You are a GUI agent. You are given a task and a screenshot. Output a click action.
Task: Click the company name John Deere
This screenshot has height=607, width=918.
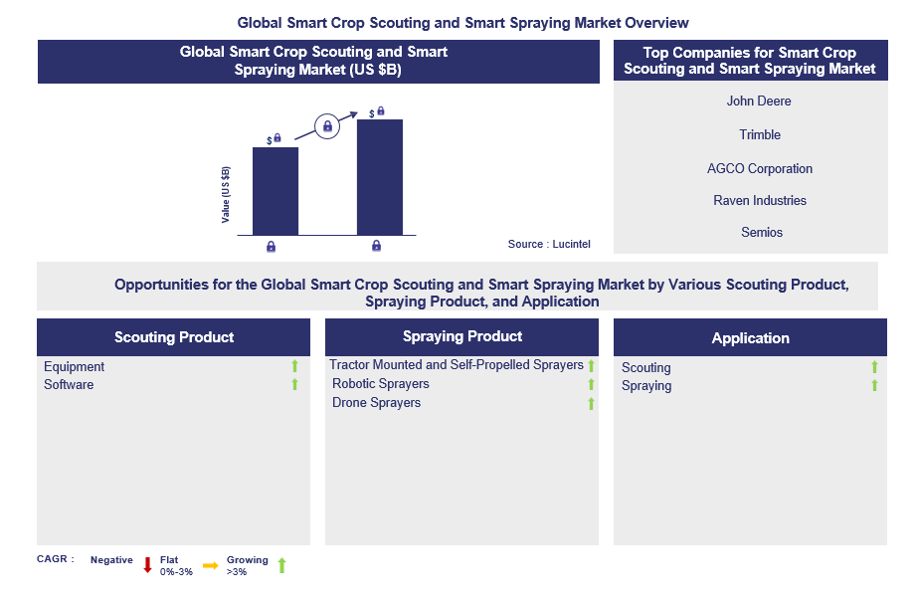(759, 101)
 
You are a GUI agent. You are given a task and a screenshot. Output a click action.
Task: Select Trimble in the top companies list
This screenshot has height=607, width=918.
(760, 135)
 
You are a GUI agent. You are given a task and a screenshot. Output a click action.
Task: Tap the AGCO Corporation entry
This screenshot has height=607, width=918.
(760, 169)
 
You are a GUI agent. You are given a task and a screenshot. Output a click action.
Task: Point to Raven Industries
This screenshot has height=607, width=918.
(760, 201)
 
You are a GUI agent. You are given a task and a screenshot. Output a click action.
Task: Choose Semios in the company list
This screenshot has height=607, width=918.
(762, 233)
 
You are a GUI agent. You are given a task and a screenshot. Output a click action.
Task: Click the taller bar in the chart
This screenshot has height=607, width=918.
(380, 177)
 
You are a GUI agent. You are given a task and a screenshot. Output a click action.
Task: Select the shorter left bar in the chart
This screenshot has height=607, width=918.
(275, 191)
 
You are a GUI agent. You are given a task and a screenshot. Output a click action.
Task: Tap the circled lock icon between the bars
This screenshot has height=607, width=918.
(327, 126)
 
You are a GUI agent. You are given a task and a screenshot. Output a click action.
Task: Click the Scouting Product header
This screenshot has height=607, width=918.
(174, 337)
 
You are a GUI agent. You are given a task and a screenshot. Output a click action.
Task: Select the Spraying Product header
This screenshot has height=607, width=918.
(462, 336)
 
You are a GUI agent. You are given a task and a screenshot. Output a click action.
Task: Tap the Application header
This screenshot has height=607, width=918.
(750, 338)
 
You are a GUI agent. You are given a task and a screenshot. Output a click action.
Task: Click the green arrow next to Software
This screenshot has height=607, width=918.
(294, 384)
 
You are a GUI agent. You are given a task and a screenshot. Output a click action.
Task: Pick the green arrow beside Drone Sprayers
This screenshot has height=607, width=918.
(591, 403)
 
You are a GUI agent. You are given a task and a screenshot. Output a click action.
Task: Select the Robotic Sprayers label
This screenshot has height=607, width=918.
(381, 384)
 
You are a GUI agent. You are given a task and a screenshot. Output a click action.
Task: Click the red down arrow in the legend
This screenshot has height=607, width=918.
(147, 565)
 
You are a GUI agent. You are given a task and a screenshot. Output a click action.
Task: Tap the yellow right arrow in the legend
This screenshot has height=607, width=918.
(210, 565)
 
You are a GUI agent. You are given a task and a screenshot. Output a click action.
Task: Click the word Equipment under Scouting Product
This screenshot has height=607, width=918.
(74, 367)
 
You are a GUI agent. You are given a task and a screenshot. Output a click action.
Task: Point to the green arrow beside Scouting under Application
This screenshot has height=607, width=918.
(875, 368)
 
